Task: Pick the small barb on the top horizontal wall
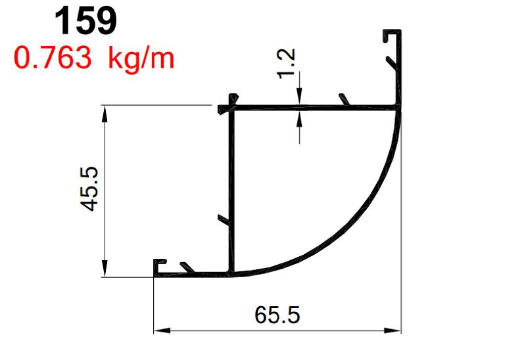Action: tap(343, 99)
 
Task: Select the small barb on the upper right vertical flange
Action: tap(391, 63)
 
